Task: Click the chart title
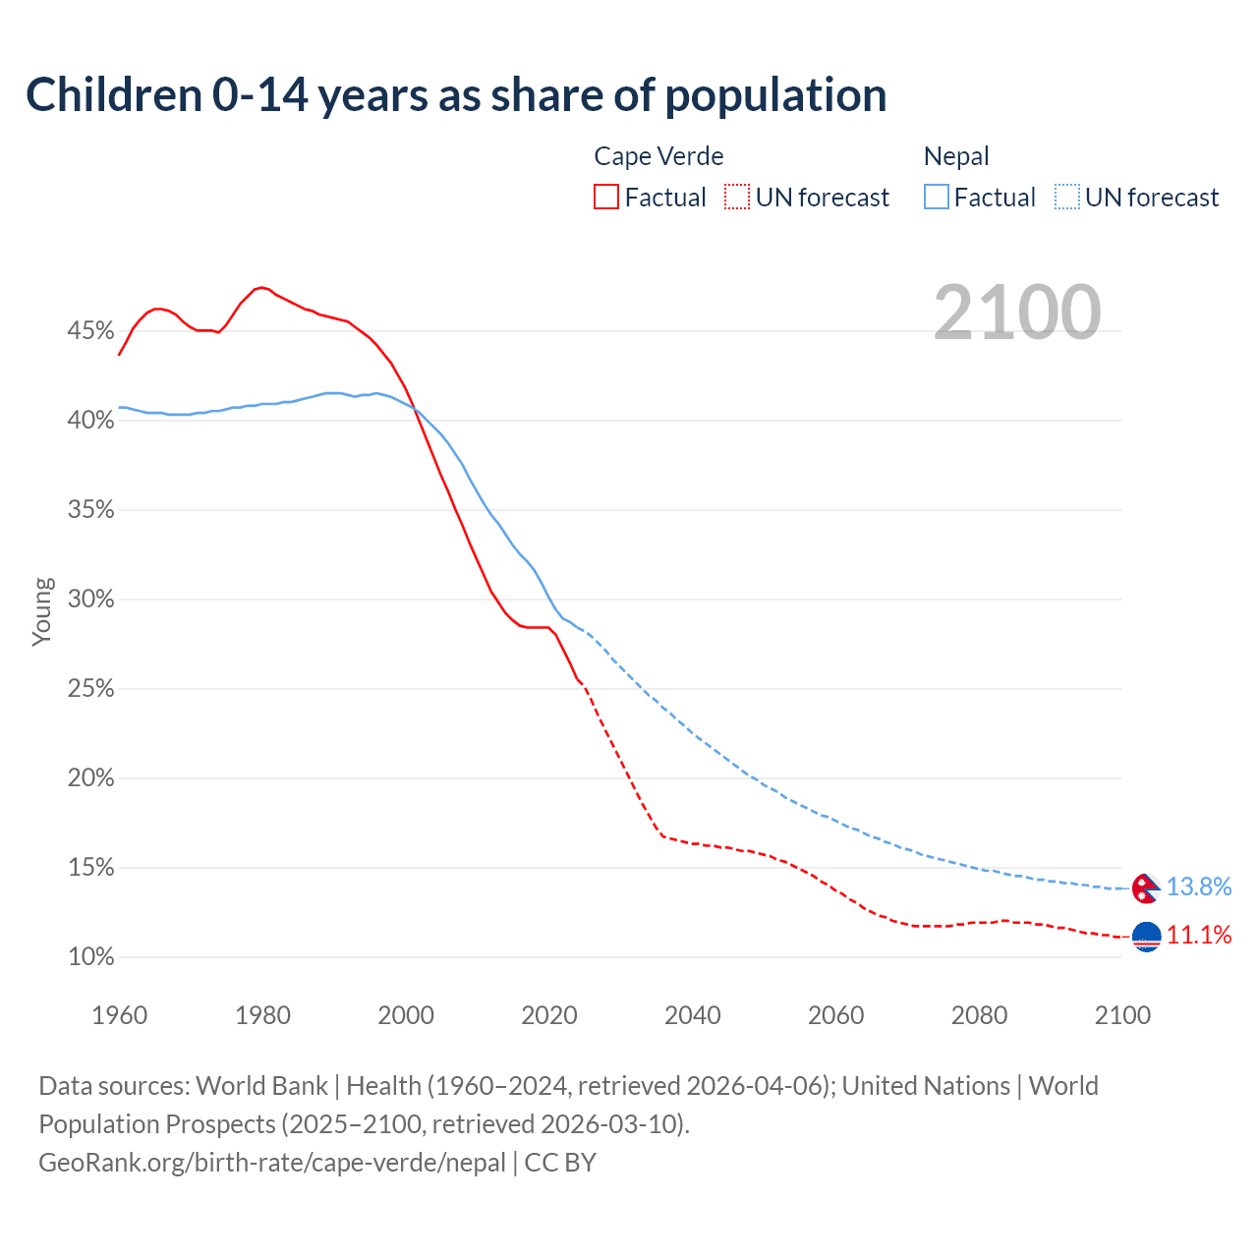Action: click(x=456, y=95)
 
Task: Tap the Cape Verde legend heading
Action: click(x=658, y=156)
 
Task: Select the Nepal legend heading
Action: click(x=956, y=156)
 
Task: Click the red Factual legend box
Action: click(x=606, y=198)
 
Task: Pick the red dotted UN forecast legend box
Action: click(x=737, y=198)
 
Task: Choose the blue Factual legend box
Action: click(x=937, y=198)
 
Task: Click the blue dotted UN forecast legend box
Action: click(x=1066, y=198)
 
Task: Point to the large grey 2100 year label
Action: click(x=1017, y=313)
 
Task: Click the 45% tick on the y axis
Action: click(x=90, y=331)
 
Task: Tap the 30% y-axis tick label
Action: click(x=90, y=600)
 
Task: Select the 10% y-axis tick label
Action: click(x=90, y=957)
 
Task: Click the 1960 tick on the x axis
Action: click(x=119, y=1015)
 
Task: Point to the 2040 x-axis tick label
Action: click(x=693, y=1015)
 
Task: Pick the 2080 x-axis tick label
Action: click(x=979, y=1015)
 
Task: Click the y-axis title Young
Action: click(x=42, y=611)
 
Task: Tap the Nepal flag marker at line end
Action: click(x=1146, y=887)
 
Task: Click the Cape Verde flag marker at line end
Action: click(x=1147, y=937)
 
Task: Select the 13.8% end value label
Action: click(x=1199, y=886)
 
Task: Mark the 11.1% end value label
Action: click(x=1199, y=935)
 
